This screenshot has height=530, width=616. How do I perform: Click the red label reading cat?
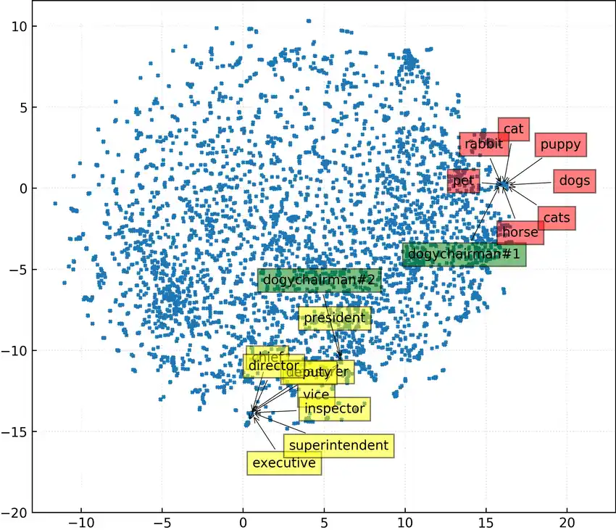point(513,130)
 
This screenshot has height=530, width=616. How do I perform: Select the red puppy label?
point(560,144)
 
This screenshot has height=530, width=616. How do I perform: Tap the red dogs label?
point(574,181)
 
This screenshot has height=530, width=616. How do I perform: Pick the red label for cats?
point(557,218)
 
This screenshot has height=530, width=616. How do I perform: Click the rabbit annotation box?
point(483,144)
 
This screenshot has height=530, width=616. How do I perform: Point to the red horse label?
point(520,233)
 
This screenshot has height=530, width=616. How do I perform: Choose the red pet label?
point(463,181)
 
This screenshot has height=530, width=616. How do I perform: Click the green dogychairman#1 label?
point(464,254)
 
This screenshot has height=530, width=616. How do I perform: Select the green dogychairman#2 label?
point(319,280)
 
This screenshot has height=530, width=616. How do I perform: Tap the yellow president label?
point(334,318)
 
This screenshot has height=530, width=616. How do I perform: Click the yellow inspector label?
point(334,409)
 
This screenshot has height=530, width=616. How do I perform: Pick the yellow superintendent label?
point(338,445)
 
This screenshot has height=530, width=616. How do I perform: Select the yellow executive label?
point(283,463)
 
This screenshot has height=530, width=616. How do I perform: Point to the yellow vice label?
point(316,394)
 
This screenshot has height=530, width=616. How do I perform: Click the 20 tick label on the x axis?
point(567,522)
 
